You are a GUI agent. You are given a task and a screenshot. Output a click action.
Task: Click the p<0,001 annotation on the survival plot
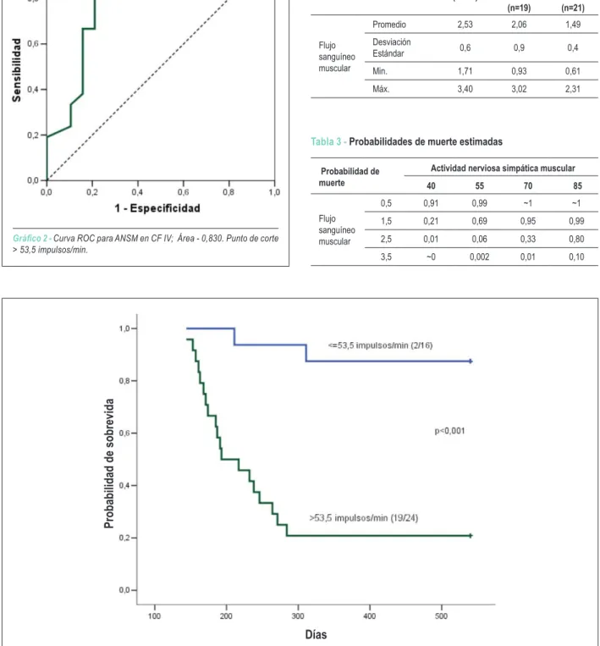click(x=449, y=431)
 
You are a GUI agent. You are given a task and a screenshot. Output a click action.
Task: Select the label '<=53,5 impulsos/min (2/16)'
click(x=380, y=345)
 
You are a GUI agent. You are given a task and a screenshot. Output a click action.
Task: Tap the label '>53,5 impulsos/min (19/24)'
click(x=364, y=518)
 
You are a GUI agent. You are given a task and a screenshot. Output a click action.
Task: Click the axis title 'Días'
click(x=316, y=634)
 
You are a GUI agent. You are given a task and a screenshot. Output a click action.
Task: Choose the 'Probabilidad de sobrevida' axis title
click(x=108, y=463)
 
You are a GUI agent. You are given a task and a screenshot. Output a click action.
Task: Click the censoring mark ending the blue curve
click(x=471, y=362)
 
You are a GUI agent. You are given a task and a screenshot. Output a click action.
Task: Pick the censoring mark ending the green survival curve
click(x=471, y=536)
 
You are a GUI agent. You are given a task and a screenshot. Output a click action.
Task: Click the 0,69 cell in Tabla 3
click(x=479, y=221)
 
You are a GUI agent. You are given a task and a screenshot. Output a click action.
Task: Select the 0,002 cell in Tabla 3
click(x=479, y=257)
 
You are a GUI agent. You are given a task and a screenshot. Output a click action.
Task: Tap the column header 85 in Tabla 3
click(x=577, y=185)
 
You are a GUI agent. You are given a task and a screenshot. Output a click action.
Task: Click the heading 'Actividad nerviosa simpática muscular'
click(x=503, y=168)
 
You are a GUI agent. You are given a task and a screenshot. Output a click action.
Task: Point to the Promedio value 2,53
click(x=465, y=25)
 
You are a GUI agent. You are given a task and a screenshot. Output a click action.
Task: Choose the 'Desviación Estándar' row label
click(x=392, y=47)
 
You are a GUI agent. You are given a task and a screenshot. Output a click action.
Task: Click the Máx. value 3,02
click(x=519, y=89)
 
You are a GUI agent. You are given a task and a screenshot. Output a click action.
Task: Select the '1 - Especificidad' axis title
click(x=157, y=208)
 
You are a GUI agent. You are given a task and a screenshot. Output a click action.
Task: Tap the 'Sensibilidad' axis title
click(x=16, y=70)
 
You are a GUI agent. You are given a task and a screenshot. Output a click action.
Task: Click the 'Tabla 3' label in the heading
click(x=326, y=141)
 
